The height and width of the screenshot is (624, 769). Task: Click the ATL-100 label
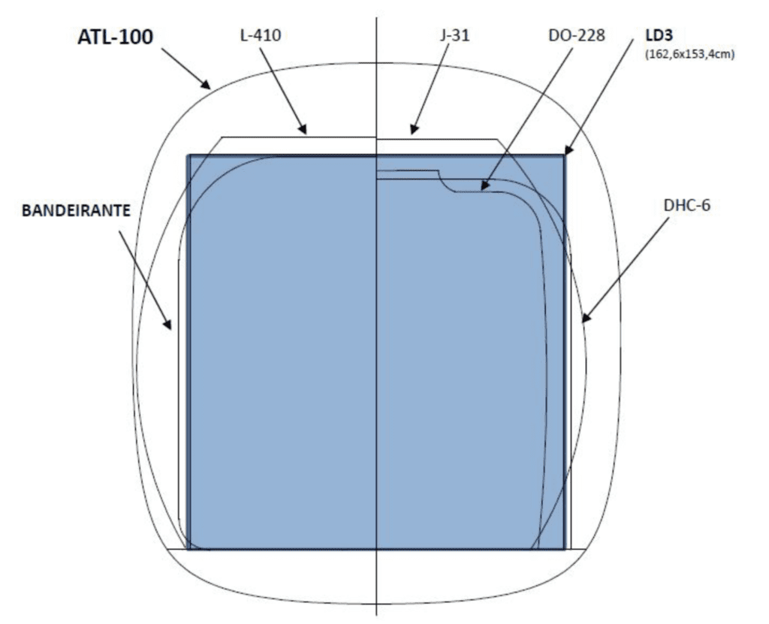point(115,38)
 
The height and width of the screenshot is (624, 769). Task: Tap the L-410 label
point(260,35)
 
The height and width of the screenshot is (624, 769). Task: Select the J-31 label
point(454,35)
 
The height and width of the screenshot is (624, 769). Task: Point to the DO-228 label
point(577,35)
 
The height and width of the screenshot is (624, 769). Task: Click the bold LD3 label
point(659,35)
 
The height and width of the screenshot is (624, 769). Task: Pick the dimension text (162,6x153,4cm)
point(689,54)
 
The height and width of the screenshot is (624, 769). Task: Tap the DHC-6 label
point(686,205)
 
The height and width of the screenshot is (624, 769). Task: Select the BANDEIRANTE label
point(76,210)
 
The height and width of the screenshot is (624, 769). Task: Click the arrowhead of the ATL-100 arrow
point(207,84)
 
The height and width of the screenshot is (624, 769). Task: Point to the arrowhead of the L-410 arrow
point(303,128)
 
